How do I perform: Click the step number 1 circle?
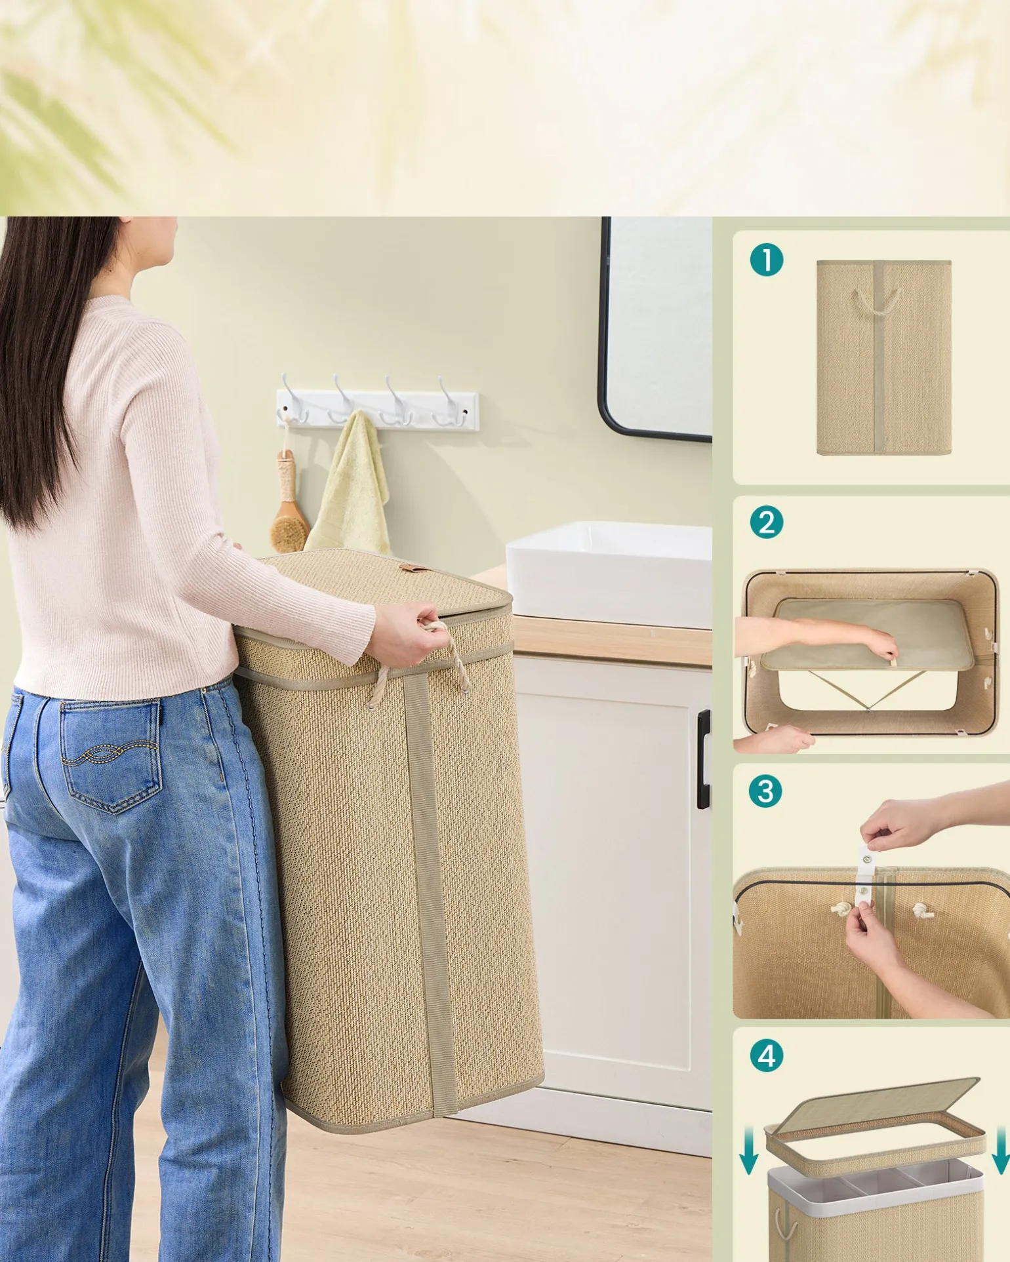point(766,260)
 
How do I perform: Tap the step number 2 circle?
point(766,523)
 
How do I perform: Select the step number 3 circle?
point(765,791)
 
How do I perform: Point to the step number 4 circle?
point(766,1056)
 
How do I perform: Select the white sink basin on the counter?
point(609,574)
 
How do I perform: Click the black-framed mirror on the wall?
point(655,328)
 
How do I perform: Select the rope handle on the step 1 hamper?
point(876,302)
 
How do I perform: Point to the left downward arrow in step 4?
point(748,1151)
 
